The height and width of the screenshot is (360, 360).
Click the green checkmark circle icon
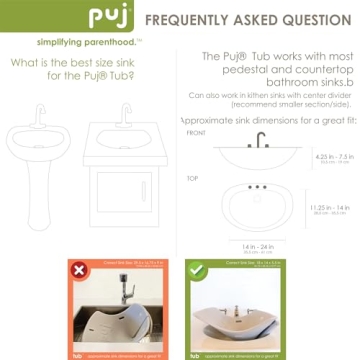[x=201, y=271]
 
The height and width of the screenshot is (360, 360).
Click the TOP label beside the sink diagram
[x=192, y=178]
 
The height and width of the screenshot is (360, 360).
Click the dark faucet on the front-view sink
[x=259, y=140]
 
